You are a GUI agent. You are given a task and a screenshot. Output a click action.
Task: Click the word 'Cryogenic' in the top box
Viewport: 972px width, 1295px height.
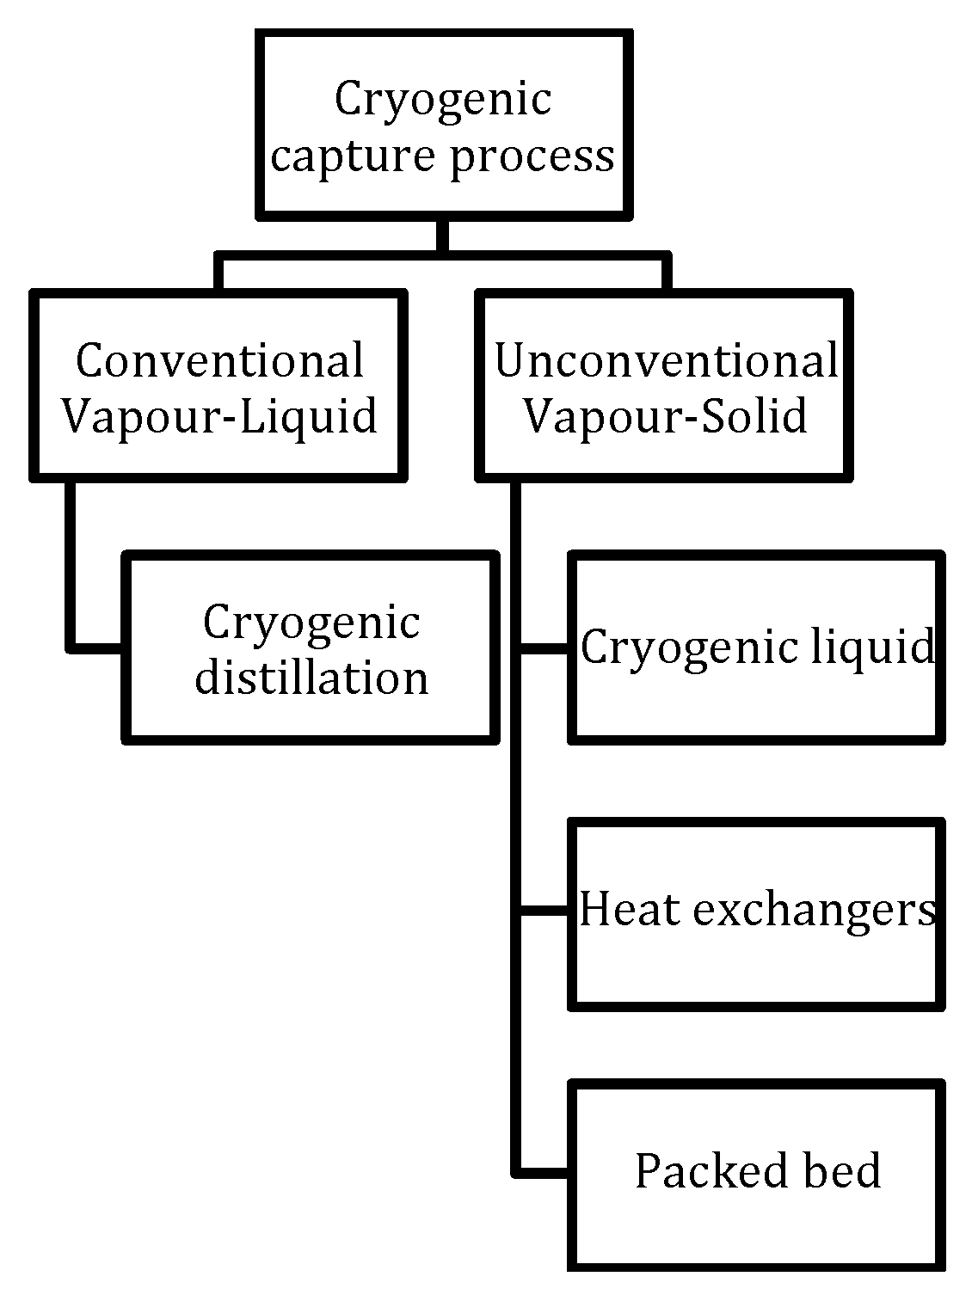[x=442, y=99]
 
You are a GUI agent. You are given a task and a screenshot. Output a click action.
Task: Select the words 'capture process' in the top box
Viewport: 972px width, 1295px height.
[x=442, y=157]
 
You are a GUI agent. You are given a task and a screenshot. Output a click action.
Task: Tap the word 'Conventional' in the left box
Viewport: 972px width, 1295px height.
[x=219, y=361]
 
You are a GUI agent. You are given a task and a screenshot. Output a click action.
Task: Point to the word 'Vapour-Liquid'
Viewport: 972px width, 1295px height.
[x=219, y=417]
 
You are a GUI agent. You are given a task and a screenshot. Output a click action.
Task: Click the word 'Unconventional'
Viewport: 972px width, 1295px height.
[x=666, y=361]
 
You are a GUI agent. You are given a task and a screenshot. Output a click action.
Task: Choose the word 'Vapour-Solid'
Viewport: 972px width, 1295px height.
[x=666, y=417]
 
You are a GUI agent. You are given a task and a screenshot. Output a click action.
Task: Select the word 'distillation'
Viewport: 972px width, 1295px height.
[x=311, y=678]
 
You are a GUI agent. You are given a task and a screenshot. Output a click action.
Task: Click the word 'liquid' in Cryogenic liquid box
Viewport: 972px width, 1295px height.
[x=877, y=647]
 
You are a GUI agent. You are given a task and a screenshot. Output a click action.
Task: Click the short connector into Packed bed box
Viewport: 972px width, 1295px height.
[x=544, y=1171]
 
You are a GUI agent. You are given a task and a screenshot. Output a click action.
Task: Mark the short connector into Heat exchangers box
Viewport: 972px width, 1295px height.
[x=544, y=909]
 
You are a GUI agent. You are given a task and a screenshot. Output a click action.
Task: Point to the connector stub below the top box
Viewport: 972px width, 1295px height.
[x=442, y=236]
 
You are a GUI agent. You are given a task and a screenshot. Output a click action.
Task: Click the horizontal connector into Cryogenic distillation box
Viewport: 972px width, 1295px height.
[x=96, y=647]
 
